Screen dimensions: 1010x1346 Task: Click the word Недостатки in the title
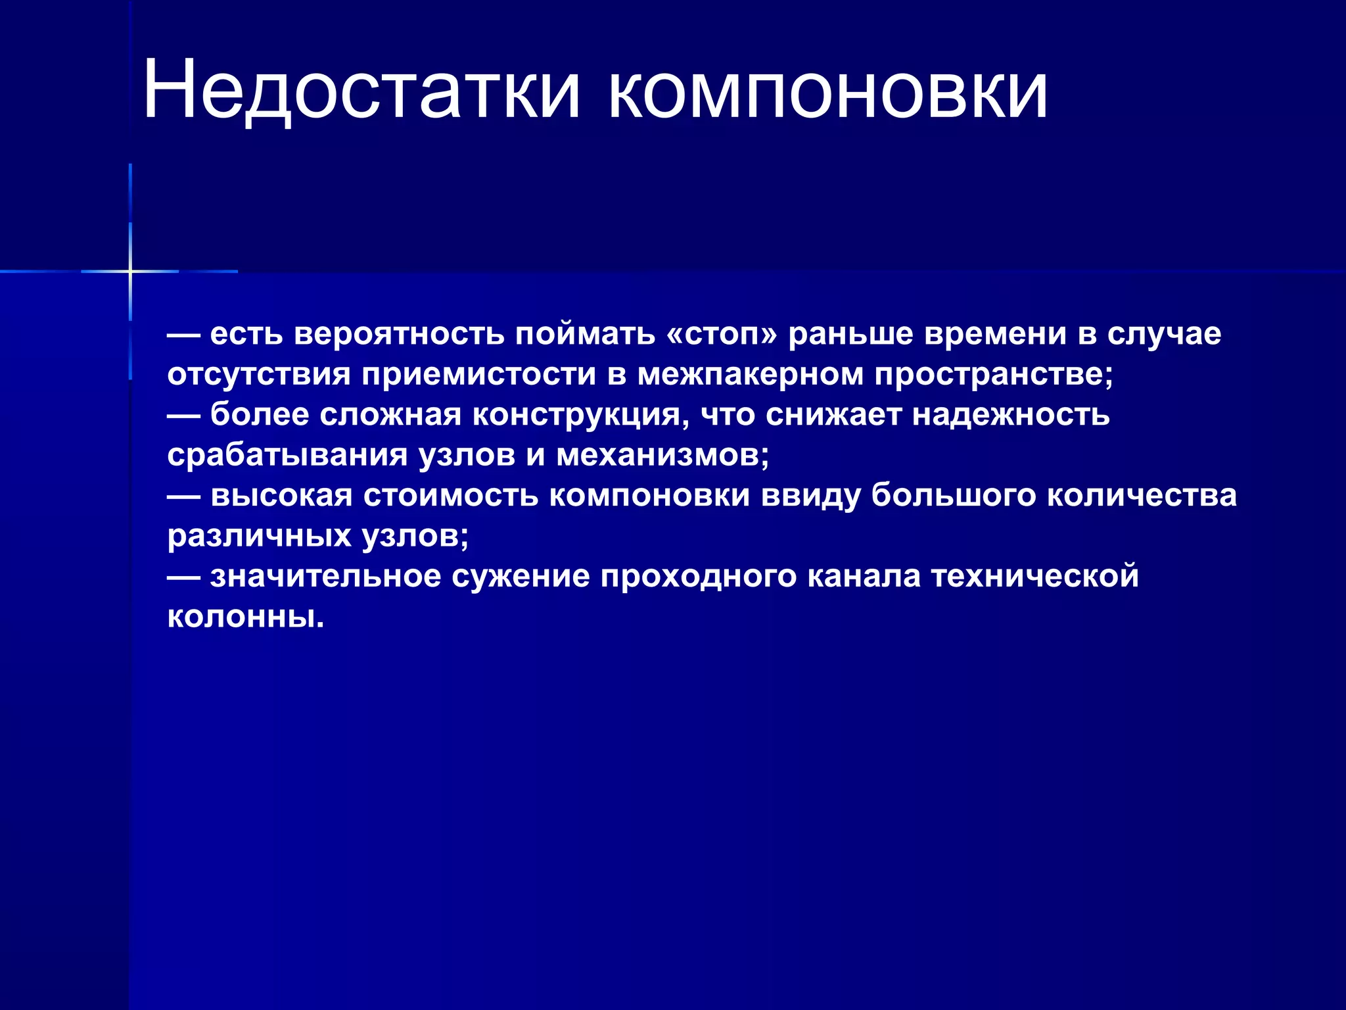coord(361,90)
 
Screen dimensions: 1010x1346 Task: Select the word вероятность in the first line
coord(399,334)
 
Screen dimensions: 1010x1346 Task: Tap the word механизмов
coord(662,456)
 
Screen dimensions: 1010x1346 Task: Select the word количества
coord(1141,496)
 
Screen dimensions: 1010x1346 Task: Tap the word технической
coord(1034,577)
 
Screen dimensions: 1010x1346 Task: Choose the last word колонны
coord(245,617)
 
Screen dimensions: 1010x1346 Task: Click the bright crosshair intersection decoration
coord(130,271)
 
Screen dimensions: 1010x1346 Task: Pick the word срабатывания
coord(287,456)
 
